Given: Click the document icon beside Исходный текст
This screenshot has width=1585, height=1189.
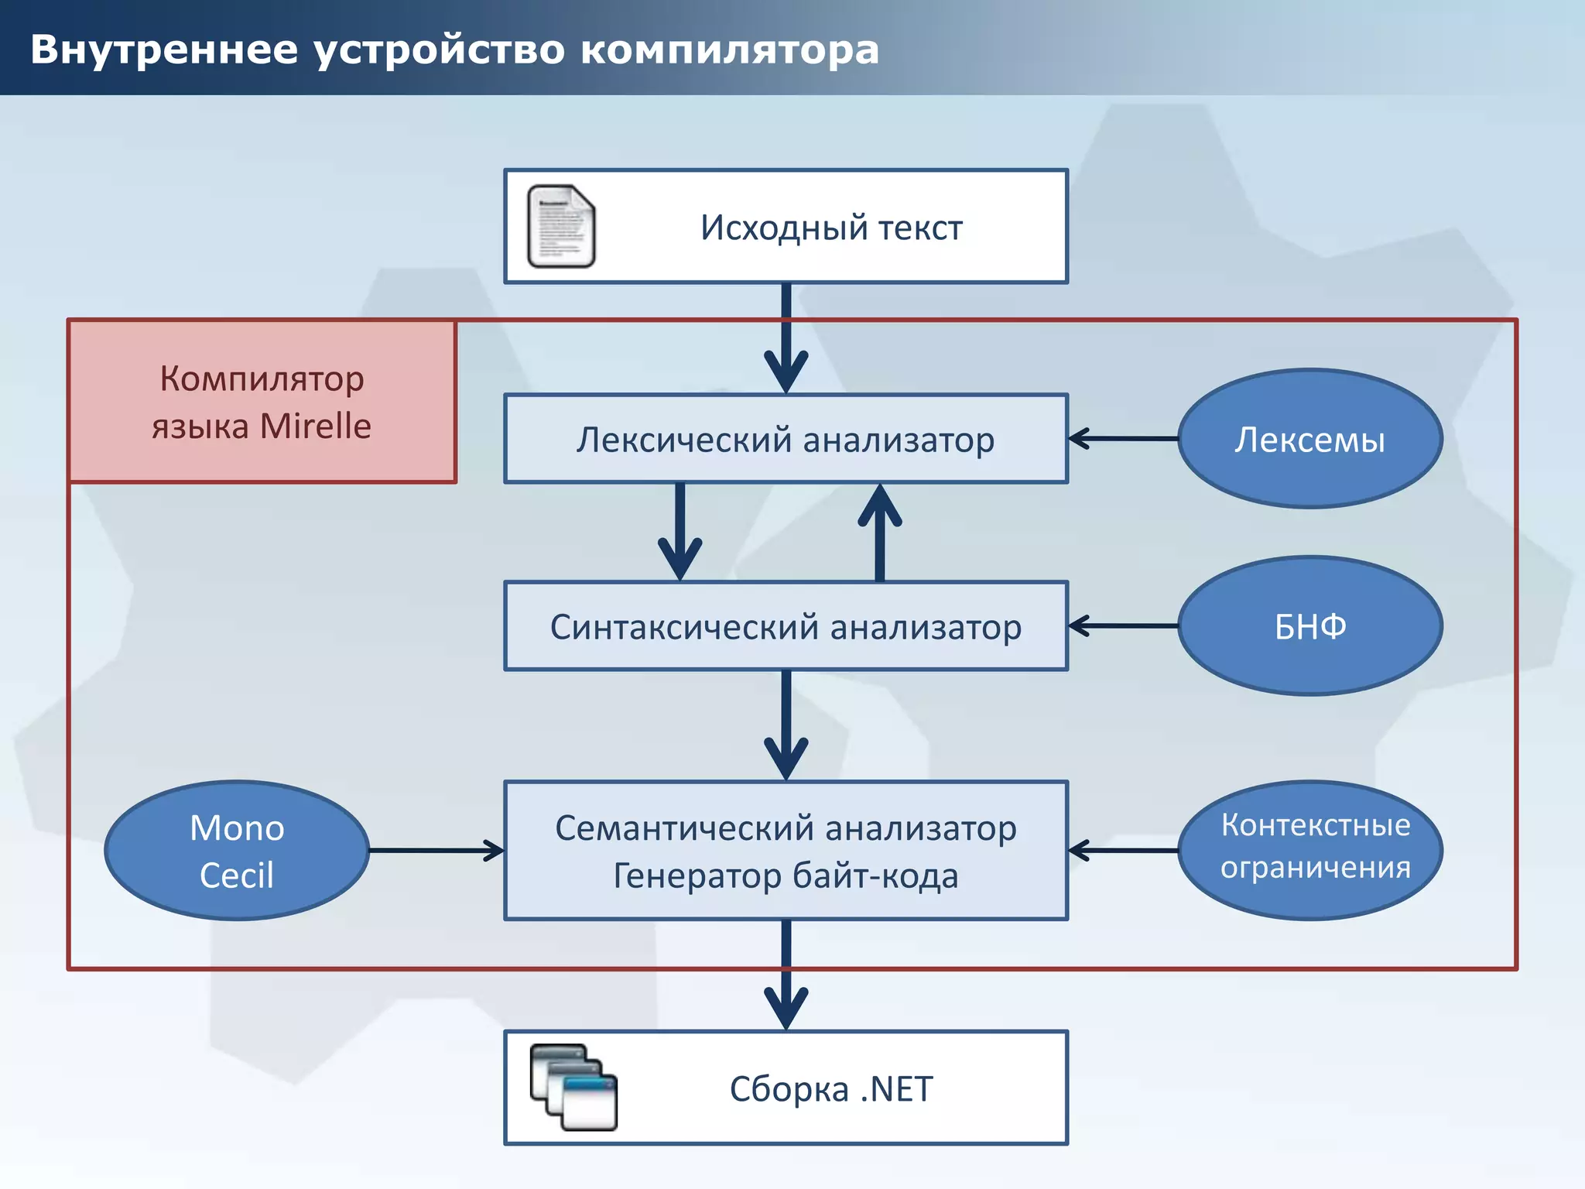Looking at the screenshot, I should pyautogui.click(x=561, y=226).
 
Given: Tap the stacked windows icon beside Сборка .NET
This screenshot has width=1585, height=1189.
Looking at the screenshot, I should pyautogui.click(x=573, y=1087).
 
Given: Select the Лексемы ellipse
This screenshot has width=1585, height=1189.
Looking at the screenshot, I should pyautogui.click(x=1309, y=439).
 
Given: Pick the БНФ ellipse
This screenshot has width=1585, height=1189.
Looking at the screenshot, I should pyautogui.click(x=1309, y=626).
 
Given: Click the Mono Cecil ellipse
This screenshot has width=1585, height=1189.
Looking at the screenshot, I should pyautogui.click(x=237, y=851).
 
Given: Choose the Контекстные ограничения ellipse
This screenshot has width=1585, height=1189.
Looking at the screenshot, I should pyautogui.click(x=1309, y=850).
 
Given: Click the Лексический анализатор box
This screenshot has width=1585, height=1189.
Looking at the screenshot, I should pyautogui.click(x=786, y=439).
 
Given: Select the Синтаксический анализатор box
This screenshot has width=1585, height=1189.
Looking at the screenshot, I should pyautogui.click(x=786, y=626).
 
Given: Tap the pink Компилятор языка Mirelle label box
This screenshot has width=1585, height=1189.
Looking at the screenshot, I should pyautogui.click(x=262, y=402).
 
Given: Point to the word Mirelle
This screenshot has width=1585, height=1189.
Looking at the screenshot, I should pyautogui.click(x=316, y=426).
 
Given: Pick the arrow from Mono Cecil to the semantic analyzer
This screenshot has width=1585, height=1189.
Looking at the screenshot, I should pyautogui.click(x=436, y=851).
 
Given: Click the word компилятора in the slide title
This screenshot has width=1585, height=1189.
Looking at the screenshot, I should pyautogui.click(x=729, y=50).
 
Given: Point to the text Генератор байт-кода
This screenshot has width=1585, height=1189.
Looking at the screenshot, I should pyautogui.click(x=786, y=875).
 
